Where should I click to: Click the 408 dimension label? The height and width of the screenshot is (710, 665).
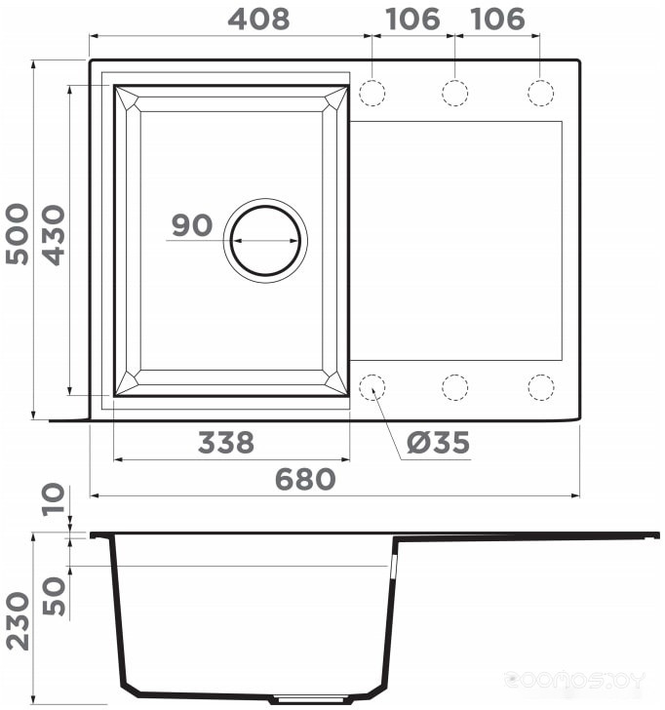pyautogui.click(x=258, y=20)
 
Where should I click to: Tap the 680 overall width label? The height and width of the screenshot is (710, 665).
pyautogui.click(x=305, y=480)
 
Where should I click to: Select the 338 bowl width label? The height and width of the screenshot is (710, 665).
pyautogui.click(x=226, y=443)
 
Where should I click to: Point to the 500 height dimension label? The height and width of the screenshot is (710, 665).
pyautogui.click(x=18, y=234)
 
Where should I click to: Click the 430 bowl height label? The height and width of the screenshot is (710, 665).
pyautogui.click(x=54, y=235)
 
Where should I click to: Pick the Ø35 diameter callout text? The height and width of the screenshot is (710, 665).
pyautogui.click(x=438, y=443)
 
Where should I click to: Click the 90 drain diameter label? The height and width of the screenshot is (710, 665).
pyautogui.click(x=192, y=225)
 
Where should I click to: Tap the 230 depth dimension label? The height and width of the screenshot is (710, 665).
pyautogui.click(x=18, y=621)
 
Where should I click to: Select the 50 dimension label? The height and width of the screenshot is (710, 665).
pyautogui.click(x=54, y=596)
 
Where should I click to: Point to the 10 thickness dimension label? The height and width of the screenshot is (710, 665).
pyautogui.click(x=54, y=499)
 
